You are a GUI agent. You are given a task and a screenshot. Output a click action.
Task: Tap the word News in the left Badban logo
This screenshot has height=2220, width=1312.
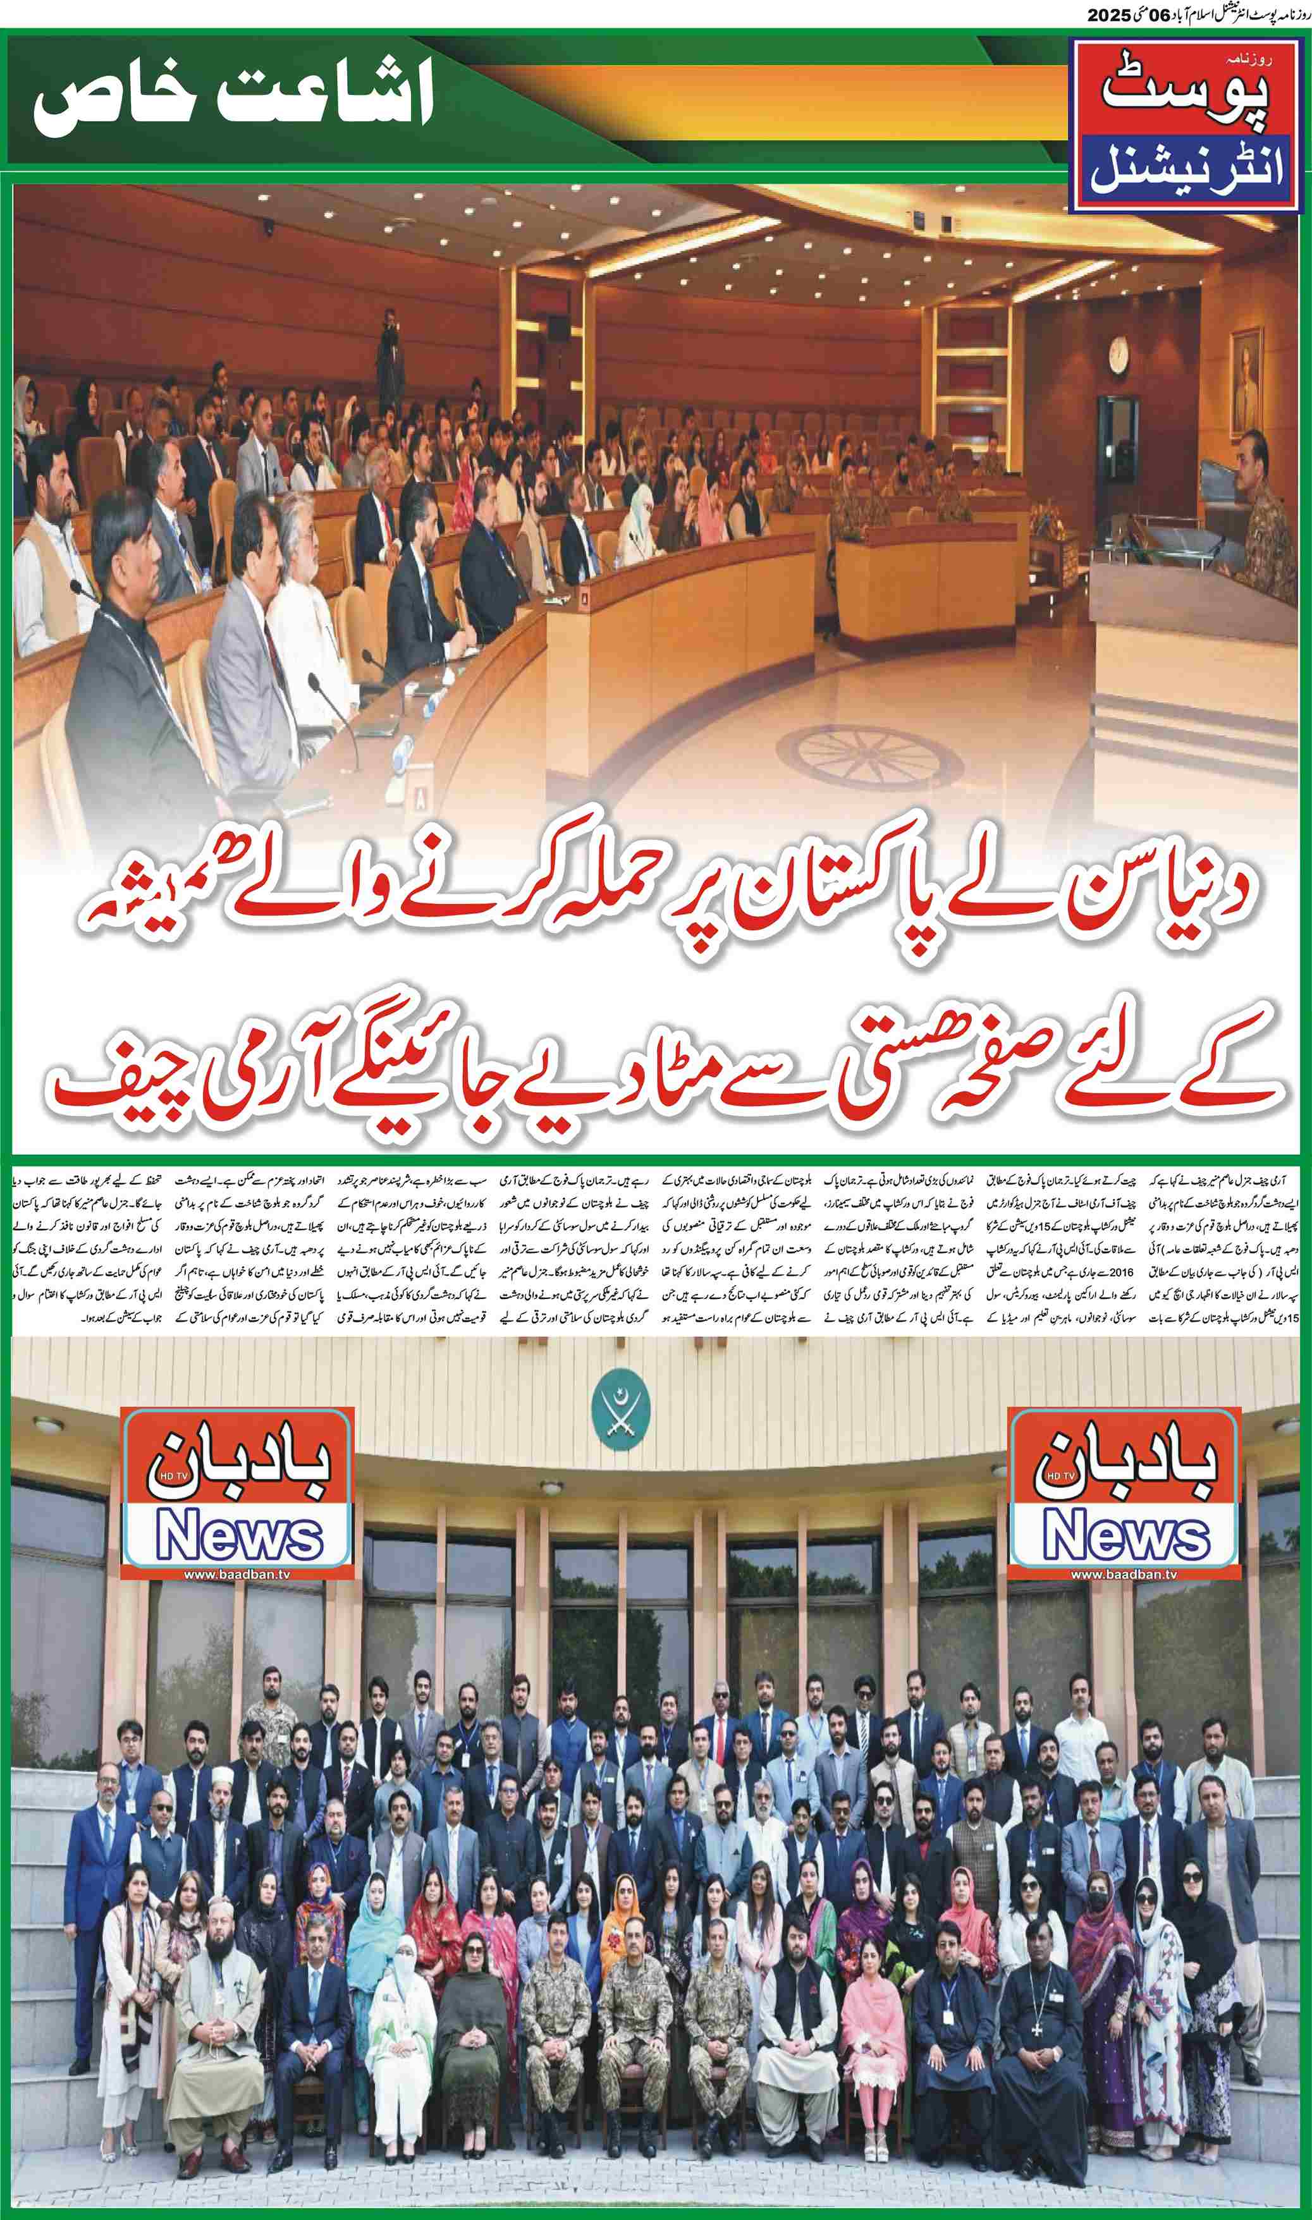point(239,1538)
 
